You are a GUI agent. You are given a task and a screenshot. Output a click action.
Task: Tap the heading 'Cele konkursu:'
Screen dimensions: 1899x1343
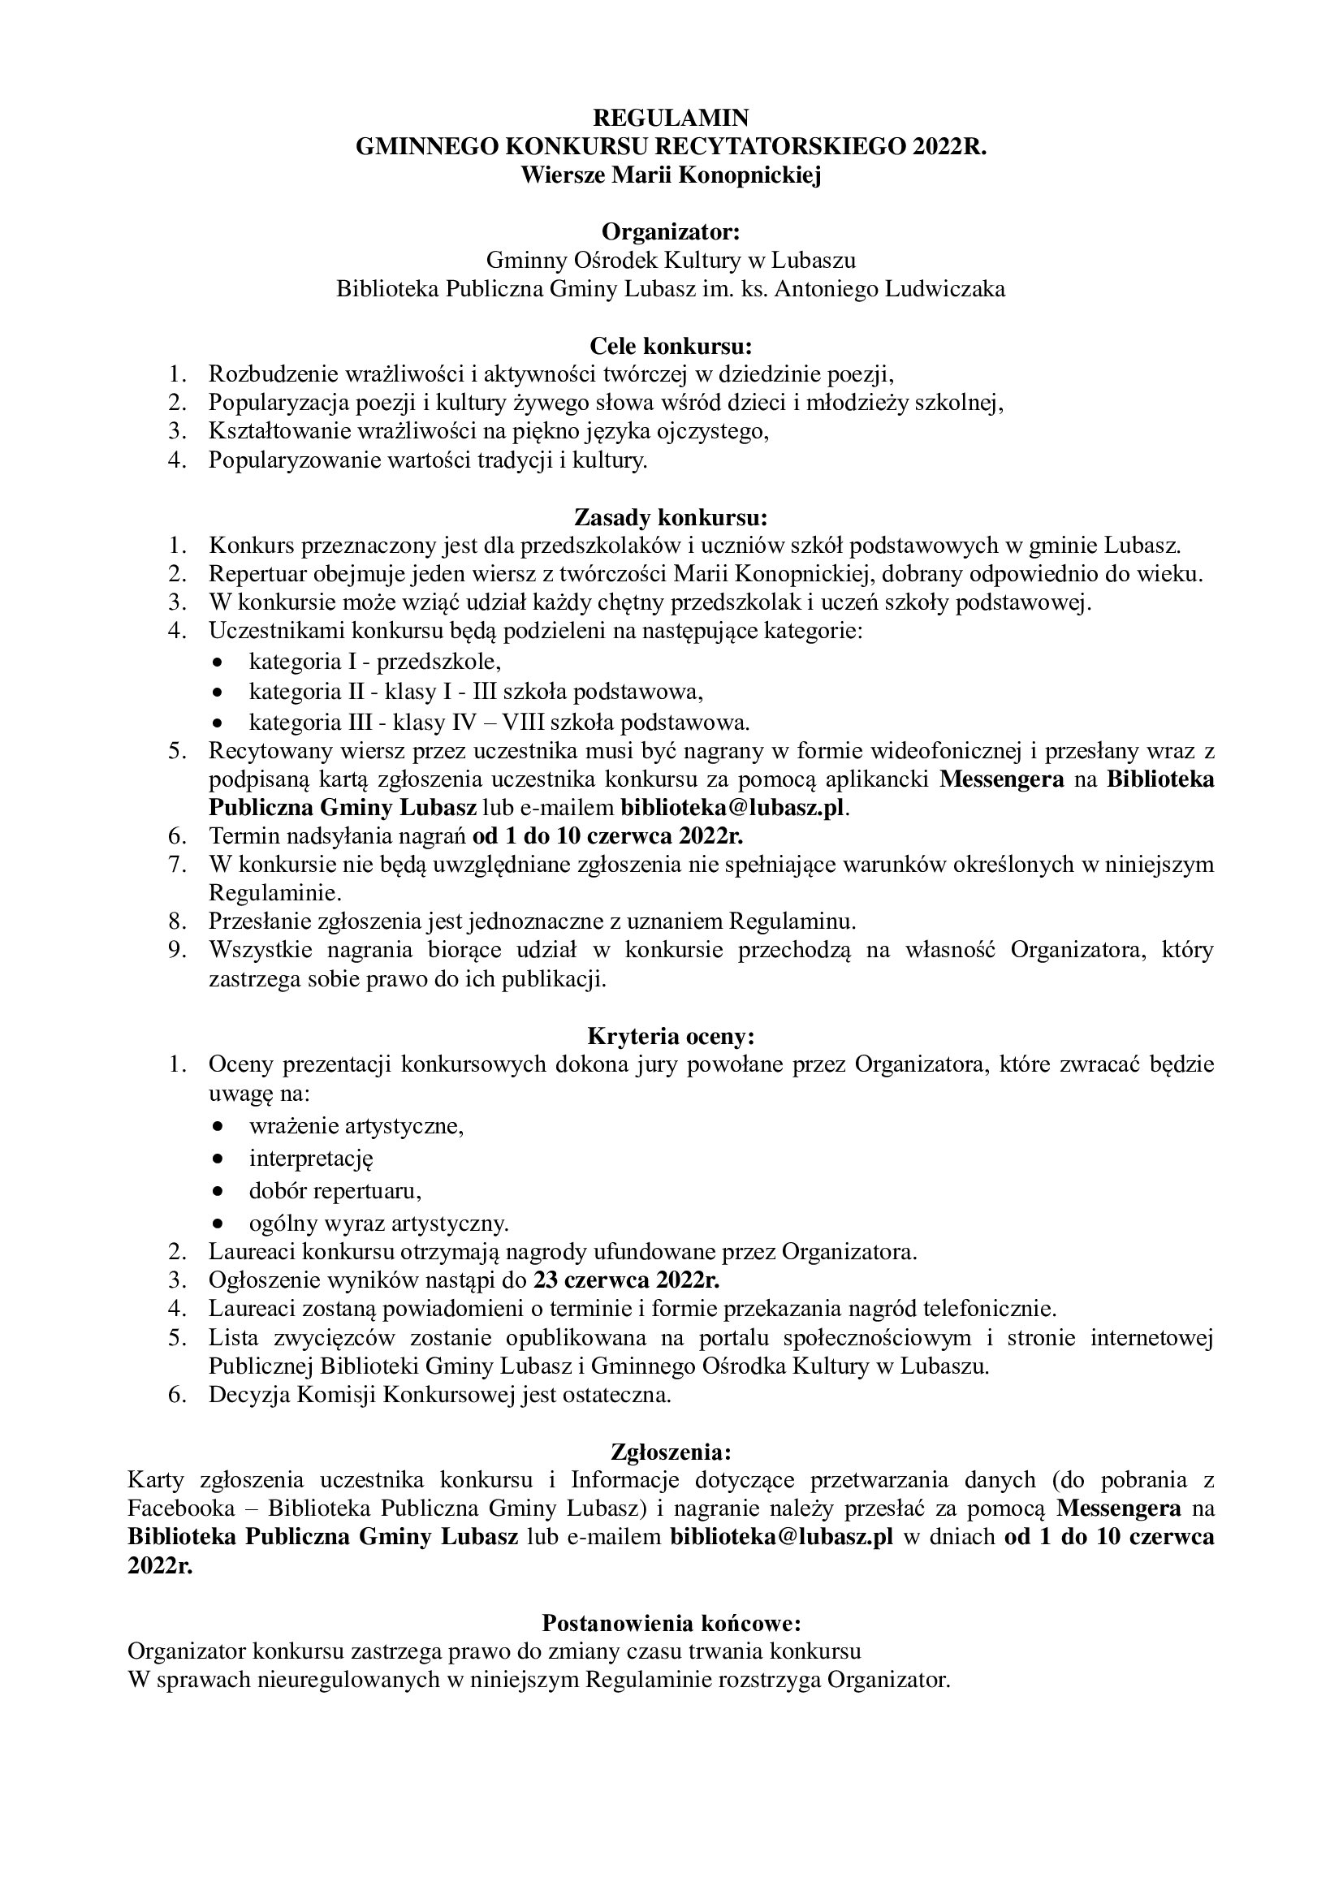tap(671, 344)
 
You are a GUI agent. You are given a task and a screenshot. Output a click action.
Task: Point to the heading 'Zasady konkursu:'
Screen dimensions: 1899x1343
tap(671, 518)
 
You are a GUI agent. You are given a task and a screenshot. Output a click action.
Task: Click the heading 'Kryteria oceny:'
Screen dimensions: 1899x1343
tap(671, 1036)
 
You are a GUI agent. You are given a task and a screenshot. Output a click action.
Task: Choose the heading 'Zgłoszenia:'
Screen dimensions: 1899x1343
tap(671, 1452)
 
